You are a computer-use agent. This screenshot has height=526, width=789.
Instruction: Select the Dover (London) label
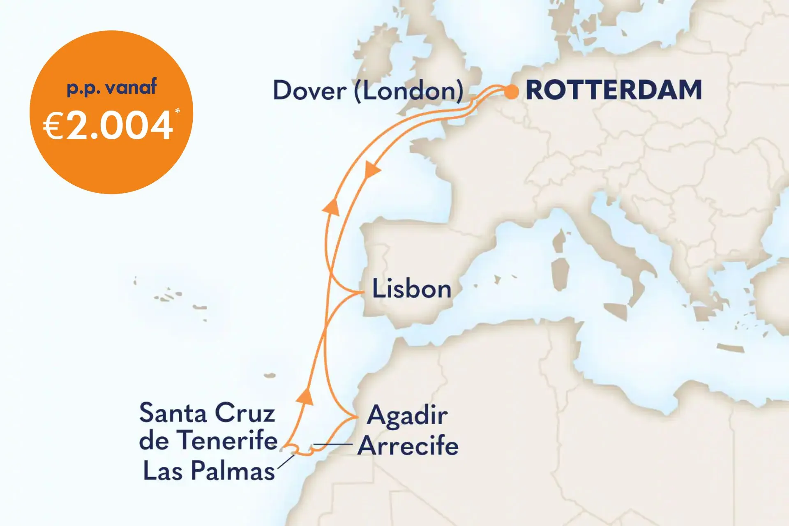point(368,91)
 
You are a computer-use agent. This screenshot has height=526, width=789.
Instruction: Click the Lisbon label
point(411,289)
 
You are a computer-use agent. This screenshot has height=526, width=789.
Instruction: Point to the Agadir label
point(407,416)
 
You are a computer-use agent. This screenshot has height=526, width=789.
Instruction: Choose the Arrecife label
point(408,446)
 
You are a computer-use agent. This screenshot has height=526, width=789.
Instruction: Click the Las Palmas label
point(209,471)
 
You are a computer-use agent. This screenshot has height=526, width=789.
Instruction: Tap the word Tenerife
point(229,441)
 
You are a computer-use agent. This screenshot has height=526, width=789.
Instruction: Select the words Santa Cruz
point(207,413)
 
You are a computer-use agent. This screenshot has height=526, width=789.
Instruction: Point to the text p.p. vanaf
point(112,88)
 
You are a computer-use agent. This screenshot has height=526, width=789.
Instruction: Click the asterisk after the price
point(178,111)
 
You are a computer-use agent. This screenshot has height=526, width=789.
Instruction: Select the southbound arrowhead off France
point(372,170)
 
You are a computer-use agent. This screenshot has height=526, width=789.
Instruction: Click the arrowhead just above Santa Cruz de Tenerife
point(305,396)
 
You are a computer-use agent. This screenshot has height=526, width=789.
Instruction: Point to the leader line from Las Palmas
point(286,461)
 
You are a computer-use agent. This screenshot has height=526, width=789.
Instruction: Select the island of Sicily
point(616,311)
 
